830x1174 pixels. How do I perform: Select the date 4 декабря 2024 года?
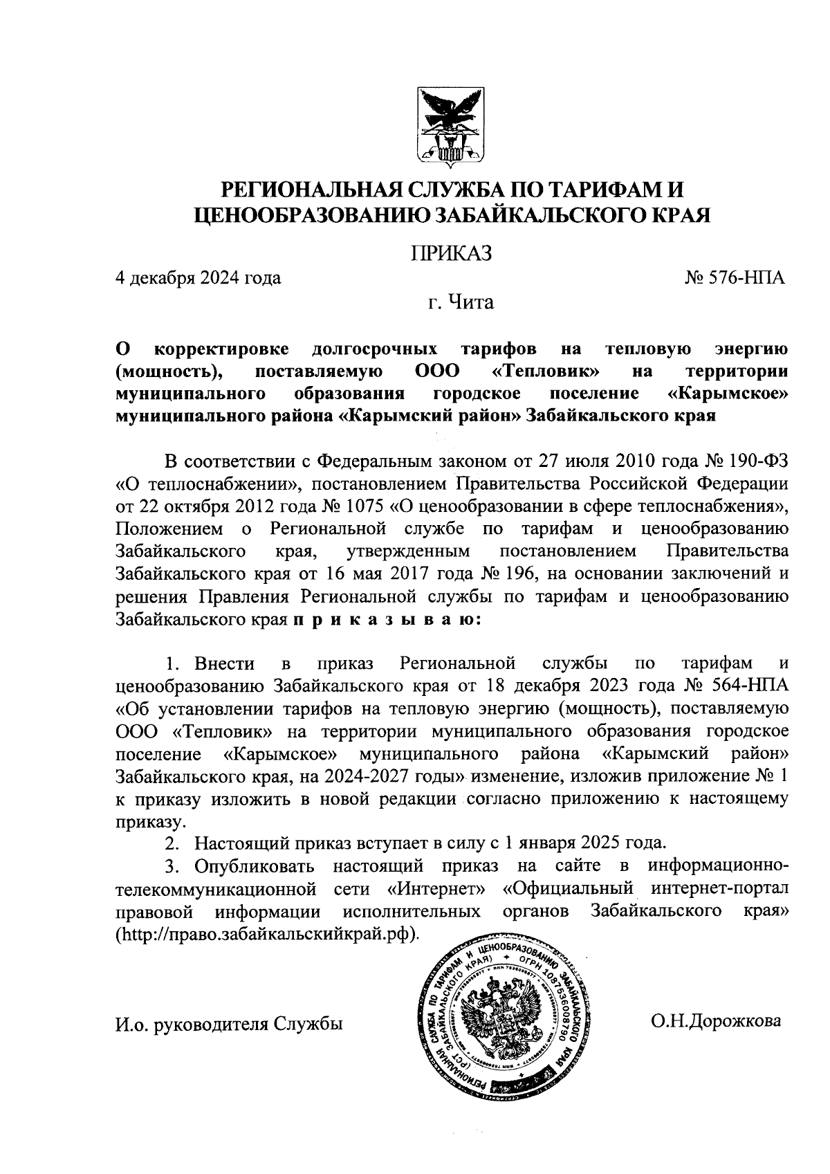tap(198, 278)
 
